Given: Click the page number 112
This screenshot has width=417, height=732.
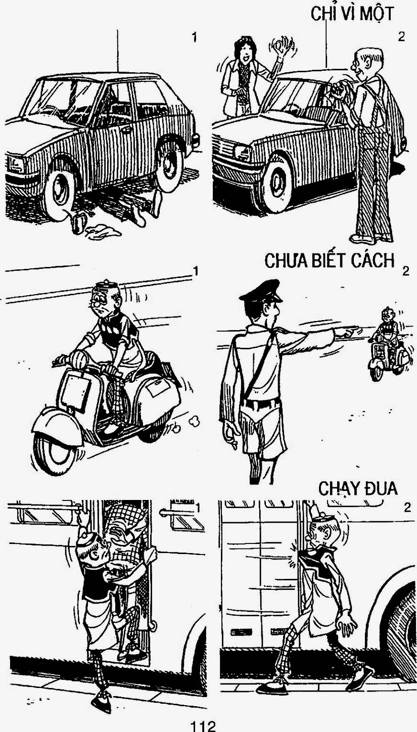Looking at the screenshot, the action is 203,726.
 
